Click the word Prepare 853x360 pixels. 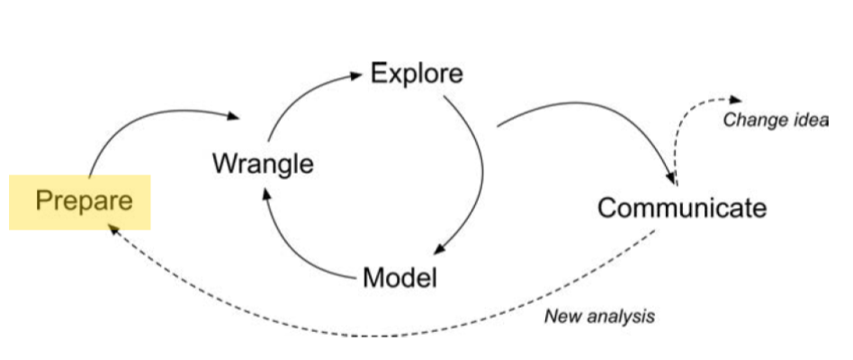pos(84,200)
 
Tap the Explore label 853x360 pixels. pos(417,73)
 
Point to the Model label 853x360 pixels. pos(400,277)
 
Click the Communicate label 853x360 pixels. pos(682,208)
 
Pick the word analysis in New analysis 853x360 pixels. pos(620,317)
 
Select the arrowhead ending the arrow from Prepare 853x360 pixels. pos(236,117)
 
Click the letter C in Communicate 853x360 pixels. pos(608,208)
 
